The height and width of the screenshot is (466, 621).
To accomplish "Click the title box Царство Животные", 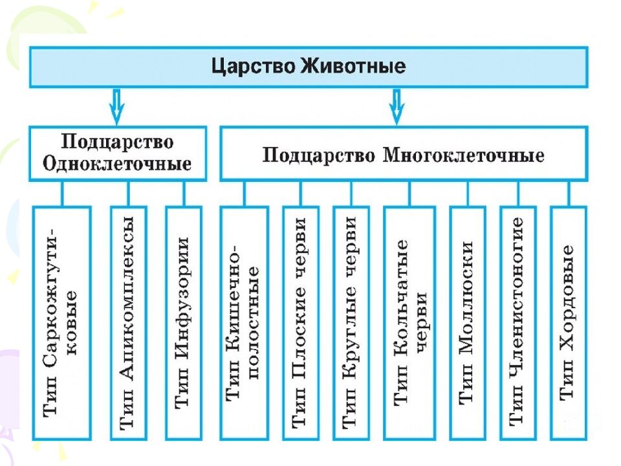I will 308,67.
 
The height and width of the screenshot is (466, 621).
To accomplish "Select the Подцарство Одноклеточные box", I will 117,153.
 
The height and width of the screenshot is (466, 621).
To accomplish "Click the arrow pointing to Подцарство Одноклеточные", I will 116,106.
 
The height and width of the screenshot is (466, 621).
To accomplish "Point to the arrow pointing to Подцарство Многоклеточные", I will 397,106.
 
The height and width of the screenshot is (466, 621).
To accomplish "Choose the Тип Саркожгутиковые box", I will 63,322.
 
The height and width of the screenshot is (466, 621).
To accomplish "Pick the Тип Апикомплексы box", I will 128,322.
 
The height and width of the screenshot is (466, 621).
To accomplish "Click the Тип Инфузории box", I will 183,322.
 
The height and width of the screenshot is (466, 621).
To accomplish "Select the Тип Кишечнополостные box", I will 244,322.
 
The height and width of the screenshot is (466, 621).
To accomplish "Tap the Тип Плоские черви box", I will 300,322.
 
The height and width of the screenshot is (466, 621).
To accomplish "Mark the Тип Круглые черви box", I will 351,322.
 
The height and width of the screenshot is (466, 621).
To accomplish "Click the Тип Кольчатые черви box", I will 409,322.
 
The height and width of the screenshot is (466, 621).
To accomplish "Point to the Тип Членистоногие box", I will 517,322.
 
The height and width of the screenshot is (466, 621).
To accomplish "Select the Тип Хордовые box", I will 568,322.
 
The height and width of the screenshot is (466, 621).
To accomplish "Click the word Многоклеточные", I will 463,155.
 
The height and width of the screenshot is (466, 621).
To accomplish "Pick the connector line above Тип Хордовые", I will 569,193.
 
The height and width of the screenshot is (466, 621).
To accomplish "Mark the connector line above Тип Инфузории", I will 184,193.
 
